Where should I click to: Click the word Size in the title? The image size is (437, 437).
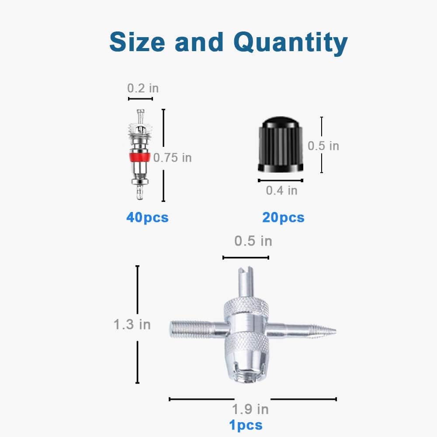click(137, 42)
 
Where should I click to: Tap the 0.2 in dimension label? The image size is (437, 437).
click(143, 88)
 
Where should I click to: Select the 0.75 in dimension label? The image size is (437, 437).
click(173, 158)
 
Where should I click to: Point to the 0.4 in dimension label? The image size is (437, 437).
click(281, 191)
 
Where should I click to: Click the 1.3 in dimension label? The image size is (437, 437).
click(132, 325)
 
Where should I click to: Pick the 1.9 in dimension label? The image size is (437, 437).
click(250, 409)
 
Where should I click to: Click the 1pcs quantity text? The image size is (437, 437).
click(246, 425)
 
